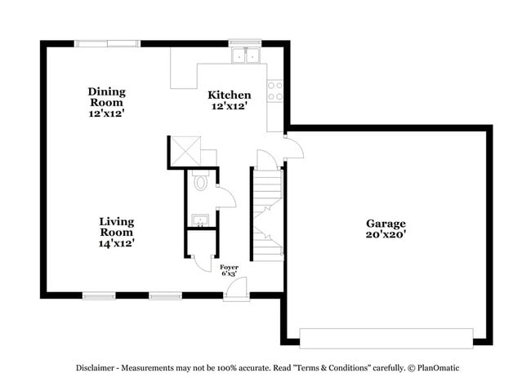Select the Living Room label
[x=117, y=221]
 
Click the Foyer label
[x=229, y=266]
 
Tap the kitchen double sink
[x=245, y=56]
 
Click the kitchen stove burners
[x=275, y=90]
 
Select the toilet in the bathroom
[x=200, y=180]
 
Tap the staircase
[x=266, y=212]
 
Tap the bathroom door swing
[x=225, y=196]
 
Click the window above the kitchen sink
[x=244, y=42]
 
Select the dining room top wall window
[x=105, y=42]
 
